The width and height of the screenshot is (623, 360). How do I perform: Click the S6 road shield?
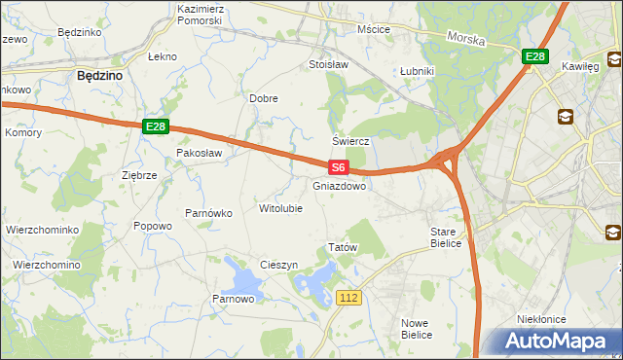click(337, 167)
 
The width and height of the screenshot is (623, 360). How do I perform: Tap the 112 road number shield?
click(351, 296)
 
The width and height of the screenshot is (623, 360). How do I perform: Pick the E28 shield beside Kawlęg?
click(534, 57)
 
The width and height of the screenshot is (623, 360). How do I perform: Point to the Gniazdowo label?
click(340, 186)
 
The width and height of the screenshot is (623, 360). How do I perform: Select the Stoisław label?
click(328, 65)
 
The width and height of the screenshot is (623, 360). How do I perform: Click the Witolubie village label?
click(280, 208)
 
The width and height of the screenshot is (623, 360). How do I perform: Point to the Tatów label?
click(344, 248)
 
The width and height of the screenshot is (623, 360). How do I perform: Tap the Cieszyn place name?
click(278, 265)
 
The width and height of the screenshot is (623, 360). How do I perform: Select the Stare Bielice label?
click(450, 237)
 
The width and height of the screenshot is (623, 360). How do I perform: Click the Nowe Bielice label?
click(416, 328)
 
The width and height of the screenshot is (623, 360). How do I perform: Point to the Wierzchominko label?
click(42, 230)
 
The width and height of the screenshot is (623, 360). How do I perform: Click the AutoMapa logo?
click(557, 342)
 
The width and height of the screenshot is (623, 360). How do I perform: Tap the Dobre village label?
click(264, 98)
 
